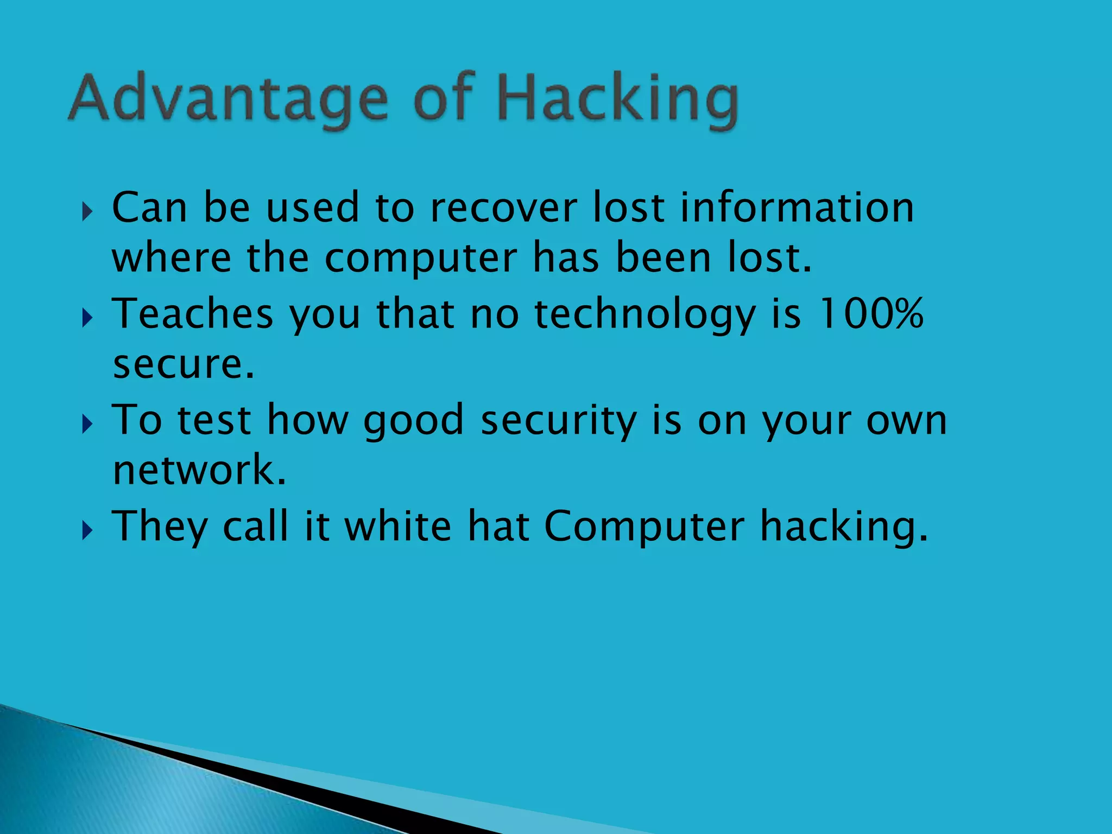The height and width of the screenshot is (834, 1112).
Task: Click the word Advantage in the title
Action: (x=229, y=99)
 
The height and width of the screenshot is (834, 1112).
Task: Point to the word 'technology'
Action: (x=645, y=315)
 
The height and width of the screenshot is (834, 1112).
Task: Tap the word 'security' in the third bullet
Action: (x=558, y=421)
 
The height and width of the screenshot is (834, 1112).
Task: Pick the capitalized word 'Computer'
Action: (x=644, y=527)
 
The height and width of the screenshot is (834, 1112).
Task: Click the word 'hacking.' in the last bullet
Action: (x=844, y=527)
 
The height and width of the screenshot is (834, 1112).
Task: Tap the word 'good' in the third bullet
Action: (x=413, y=421)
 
